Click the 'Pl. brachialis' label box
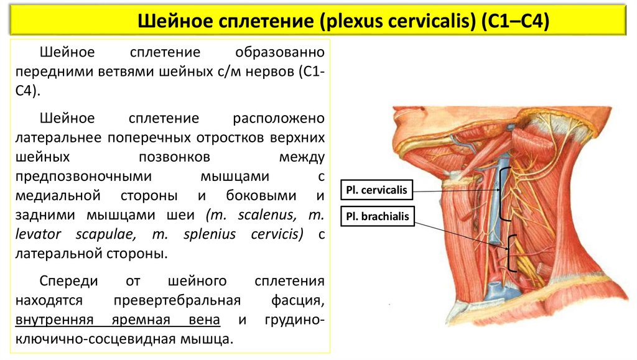coord(378,217)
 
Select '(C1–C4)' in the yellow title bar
coord(514,23)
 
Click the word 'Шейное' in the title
coord(175,23)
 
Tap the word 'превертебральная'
coord(177,301)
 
